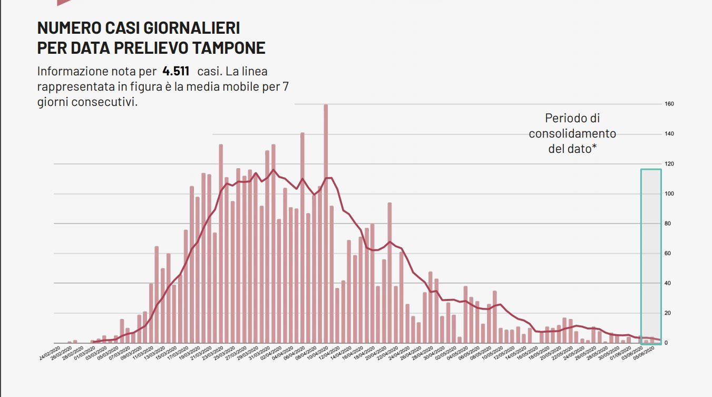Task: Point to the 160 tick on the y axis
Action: (x=669, y=104)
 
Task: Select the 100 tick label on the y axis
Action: (x=669, y=194)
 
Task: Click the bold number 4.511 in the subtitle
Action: (x=177, y=71)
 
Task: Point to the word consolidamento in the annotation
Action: (x=572, y=133)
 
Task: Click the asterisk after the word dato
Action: (x=594, y=148)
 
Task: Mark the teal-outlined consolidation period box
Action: (x=651, y=256)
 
